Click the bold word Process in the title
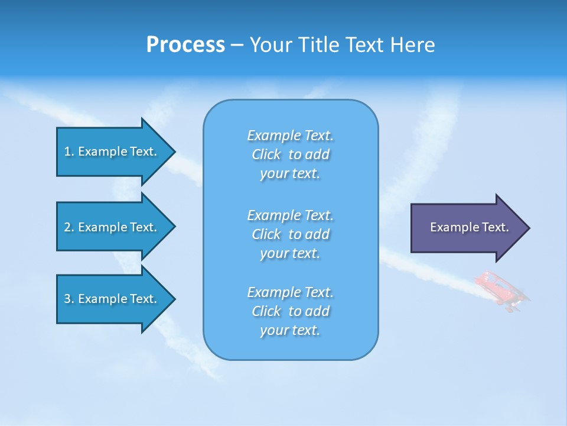[185, 45]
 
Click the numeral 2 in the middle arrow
[67, 227]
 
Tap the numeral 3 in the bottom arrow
[67, 299]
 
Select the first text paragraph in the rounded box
[290, 154]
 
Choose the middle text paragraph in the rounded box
[290, 234]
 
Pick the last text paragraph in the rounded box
[290, 311]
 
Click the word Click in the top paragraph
[266, 154]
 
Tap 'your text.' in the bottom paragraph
[290, 330]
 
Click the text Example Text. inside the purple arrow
[470, 227]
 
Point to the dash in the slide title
[237, 46]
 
